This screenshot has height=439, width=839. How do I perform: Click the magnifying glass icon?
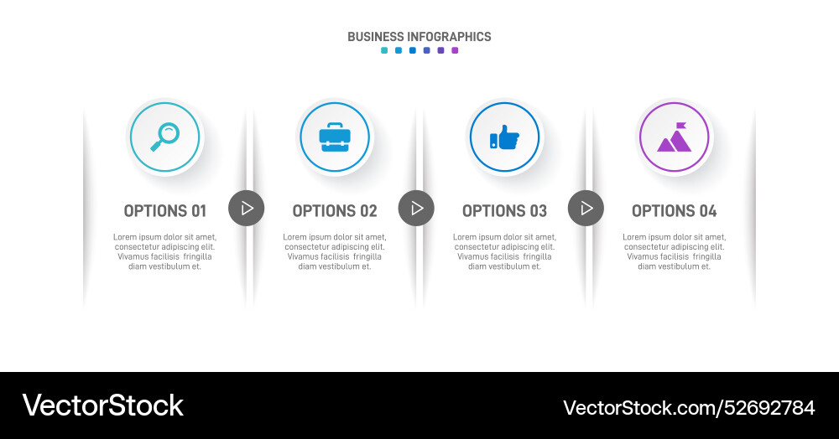click(x=165, y=137)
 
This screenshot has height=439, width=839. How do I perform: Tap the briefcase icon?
click(x=335, y=137)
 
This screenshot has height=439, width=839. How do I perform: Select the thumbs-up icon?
click(x=504, y=137)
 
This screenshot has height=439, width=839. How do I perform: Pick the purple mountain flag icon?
click(x=674, y=138)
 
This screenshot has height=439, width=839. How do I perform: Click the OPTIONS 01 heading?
click(x=164, y=211)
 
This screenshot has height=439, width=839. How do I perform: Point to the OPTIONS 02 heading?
click(x=335, y=211)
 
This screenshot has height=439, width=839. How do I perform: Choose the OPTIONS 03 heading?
click(x=504, y=211)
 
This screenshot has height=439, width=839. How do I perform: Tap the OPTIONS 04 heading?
click(x=674, y=211)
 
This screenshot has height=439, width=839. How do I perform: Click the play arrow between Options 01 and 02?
click(x=247, y=208)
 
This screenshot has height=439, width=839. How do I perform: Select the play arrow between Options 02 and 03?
click(x=416, y=208)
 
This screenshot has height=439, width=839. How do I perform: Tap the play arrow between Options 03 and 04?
click(x=586, y=208)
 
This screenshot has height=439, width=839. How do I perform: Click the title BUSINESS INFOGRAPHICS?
click(x=419, y=37)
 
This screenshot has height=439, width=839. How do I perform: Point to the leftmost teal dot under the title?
click(x=384, y=50)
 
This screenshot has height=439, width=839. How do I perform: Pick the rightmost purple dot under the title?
click(x=455, y=50)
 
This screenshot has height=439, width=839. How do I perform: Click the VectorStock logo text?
click(x=102, y=405)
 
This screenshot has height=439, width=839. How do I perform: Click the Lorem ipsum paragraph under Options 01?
click(x=164, y=251)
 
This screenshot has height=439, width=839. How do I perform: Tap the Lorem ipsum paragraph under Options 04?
click(x=674, y=251)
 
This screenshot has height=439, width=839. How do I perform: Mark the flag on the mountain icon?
click(x=680, y=127)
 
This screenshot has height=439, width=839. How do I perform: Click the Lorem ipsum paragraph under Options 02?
click(x=335, y=251)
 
